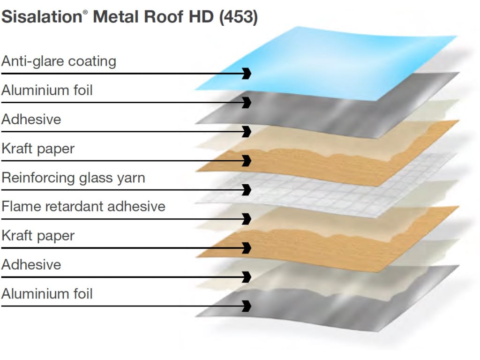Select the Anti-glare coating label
(59, 61)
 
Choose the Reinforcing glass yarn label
(73, 178)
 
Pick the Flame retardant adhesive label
(83, 207)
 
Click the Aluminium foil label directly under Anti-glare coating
(47, 90)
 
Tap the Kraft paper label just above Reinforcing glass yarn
(38, 149)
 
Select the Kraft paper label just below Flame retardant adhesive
(38, 236)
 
